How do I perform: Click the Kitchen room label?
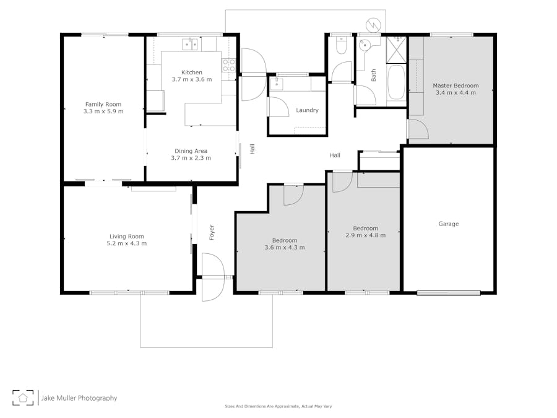(x=192, y=72)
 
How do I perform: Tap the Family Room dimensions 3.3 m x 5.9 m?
(x=103, y=111)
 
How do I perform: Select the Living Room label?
(x=126, y=237)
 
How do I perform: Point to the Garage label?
(x=448, y=224)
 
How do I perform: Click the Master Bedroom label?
(x=456, y=85)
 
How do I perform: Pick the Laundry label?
(x=307, y=110)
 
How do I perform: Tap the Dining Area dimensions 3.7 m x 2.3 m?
(x=191, y=158)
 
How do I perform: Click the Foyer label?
(x=212, y=232)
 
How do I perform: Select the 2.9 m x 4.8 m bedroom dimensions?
(x=365, y=235)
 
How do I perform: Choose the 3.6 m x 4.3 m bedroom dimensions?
(x=285, y=247)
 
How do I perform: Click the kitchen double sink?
(x=190, y=44)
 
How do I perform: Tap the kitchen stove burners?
(x=229, y=65)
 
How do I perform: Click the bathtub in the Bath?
(x=395, y=82)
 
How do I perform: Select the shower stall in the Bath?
(x=396, y=50)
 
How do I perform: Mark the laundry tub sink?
(x=277, y=84)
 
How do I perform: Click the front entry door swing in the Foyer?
(x=213, y=277)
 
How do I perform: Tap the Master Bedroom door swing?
(x=418, y=129)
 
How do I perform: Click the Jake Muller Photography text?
(x=79, y=398)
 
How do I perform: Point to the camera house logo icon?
(x=23, y=398)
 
